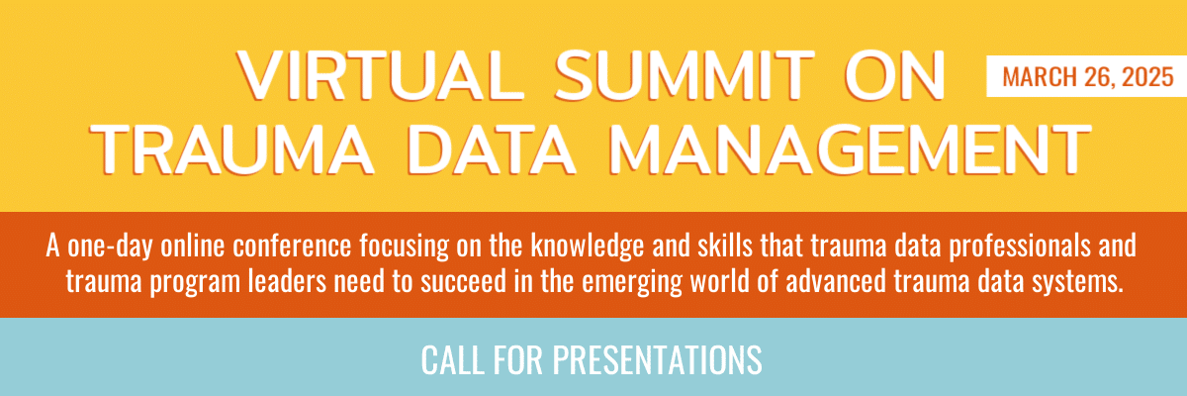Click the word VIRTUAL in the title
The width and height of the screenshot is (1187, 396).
381,75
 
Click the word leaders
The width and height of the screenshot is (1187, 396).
287,281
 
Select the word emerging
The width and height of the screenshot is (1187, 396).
632,282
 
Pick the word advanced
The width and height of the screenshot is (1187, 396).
836,281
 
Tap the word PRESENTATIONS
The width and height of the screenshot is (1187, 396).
657,360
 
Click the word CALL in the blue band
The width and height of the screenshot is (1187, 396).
453,360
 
